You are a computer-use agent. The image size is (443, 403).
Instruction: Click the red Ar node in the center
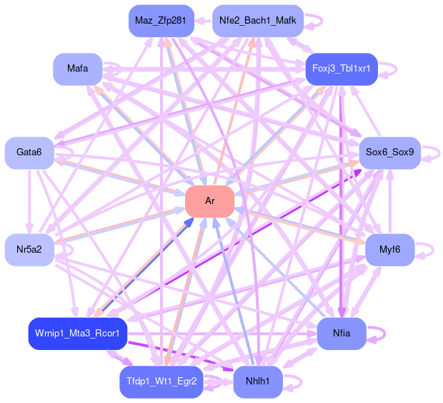point(210,201)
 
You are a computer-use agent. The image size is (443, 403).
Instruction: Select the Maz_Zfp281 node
point(160,21)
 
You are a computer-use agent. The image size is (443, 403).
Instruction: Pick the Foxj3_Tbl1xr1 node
point(341,69)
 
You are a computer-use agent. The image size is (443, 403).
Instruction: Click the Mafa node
point(77,69)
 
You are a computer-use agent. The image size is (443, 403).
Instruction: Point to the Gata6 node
point(29,152)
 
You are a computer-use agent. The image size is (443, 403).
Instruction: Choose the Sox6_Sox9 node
point(389,152)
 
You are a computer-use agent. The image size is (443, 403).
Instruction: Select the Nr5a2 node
point(29,249)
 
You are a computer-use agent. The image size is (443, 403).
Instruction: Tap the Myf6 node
point(389,249)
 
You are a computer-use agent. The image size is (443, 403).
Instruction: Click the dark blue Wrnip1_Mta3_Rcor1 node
point(77,334)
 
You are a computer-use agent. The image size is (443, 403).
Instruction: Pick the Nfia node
point(341,334)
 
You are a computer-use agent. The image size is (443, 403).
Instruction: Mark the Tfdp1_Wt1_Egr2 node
point(161,382)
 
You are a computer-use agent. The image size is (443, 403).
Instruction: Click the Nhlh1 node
point(257,382)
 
